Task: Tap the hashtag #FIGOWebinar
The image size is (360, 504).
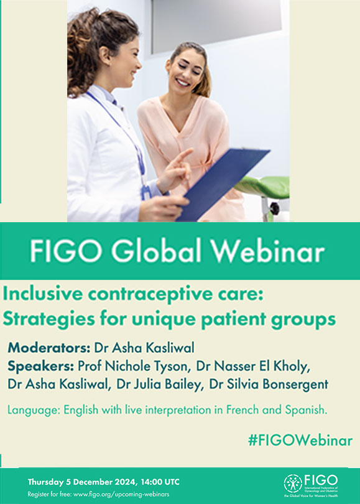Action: click(x=300, y=441)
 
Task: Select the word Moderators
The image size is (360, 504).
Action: click(x=49, y=348)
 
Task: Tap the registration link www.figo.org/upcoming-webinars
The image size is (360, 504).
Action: click(x=121, y=494)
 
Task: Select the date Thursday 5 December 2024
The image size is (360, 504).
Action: click(x=83, y=482)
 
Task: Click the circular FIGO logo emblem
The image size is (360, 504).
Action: click(x=293, y=483)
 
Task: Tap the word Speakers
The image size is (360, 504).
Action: click(x=41, y=366)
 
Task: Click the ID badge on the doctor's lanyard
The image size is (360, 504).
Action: click(x=145, y=192)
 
